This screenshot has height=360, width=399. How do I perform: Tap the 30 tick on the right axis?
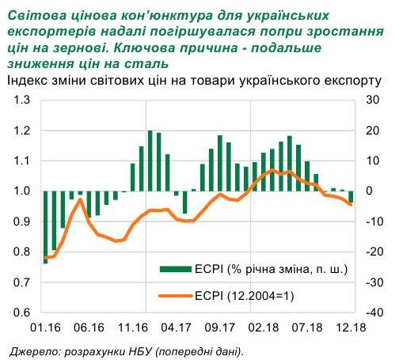371,100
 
